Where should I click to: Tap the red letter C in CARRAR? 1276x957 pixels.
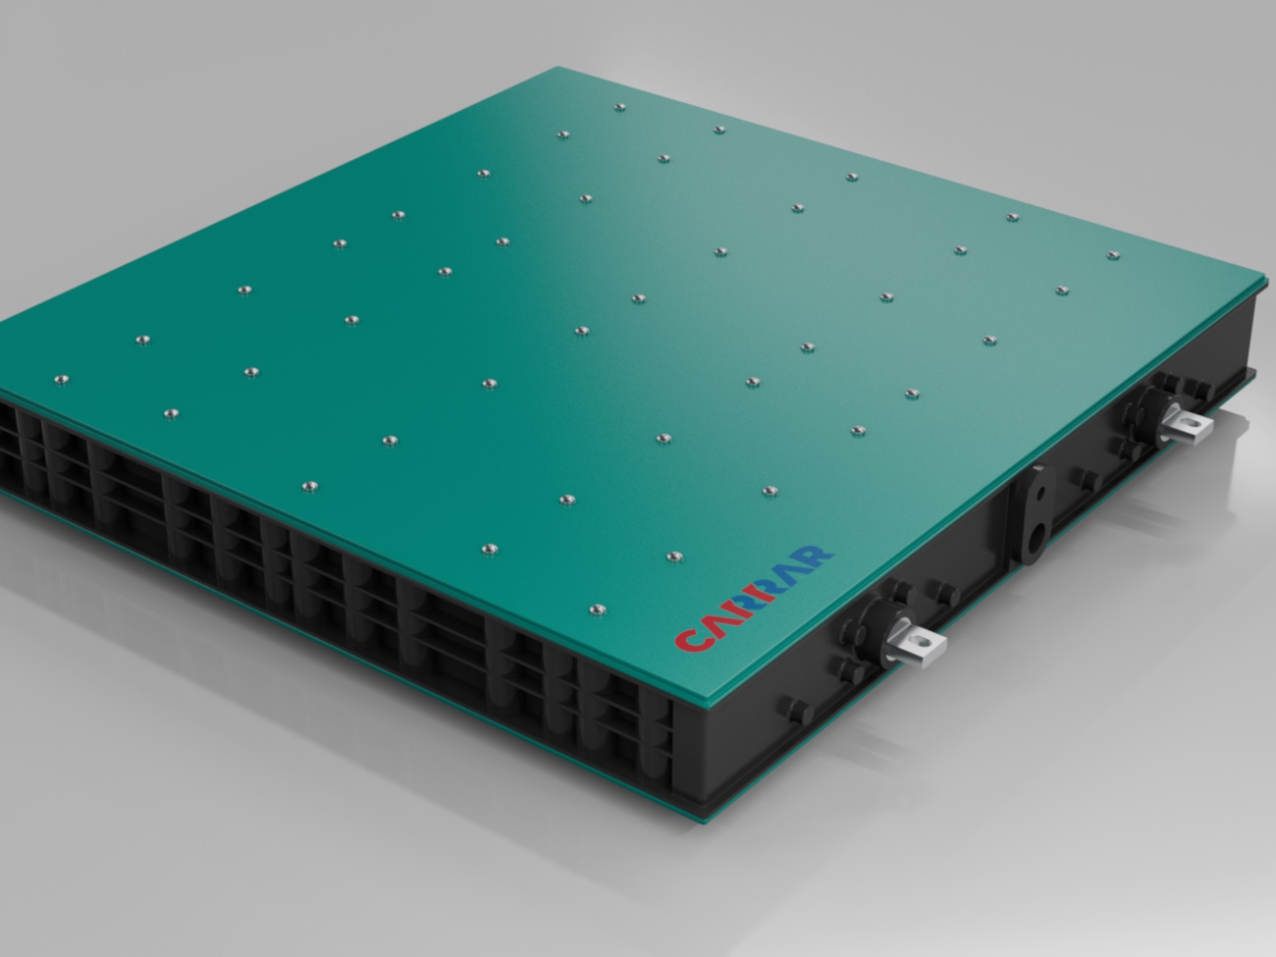(687, 639)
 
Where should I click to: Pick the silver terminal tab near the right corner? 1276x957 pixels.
(1186, 423)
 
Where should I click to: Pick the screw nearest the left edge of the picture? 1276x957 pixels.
(62, 379)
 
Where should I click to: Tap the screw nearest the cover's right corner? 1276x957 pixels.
(1112, 255)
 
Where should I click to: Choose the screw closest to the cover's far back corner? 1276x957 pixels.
(618, 107)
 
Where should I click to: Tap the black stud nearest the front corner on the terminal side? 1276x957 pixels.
(789, 707)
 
